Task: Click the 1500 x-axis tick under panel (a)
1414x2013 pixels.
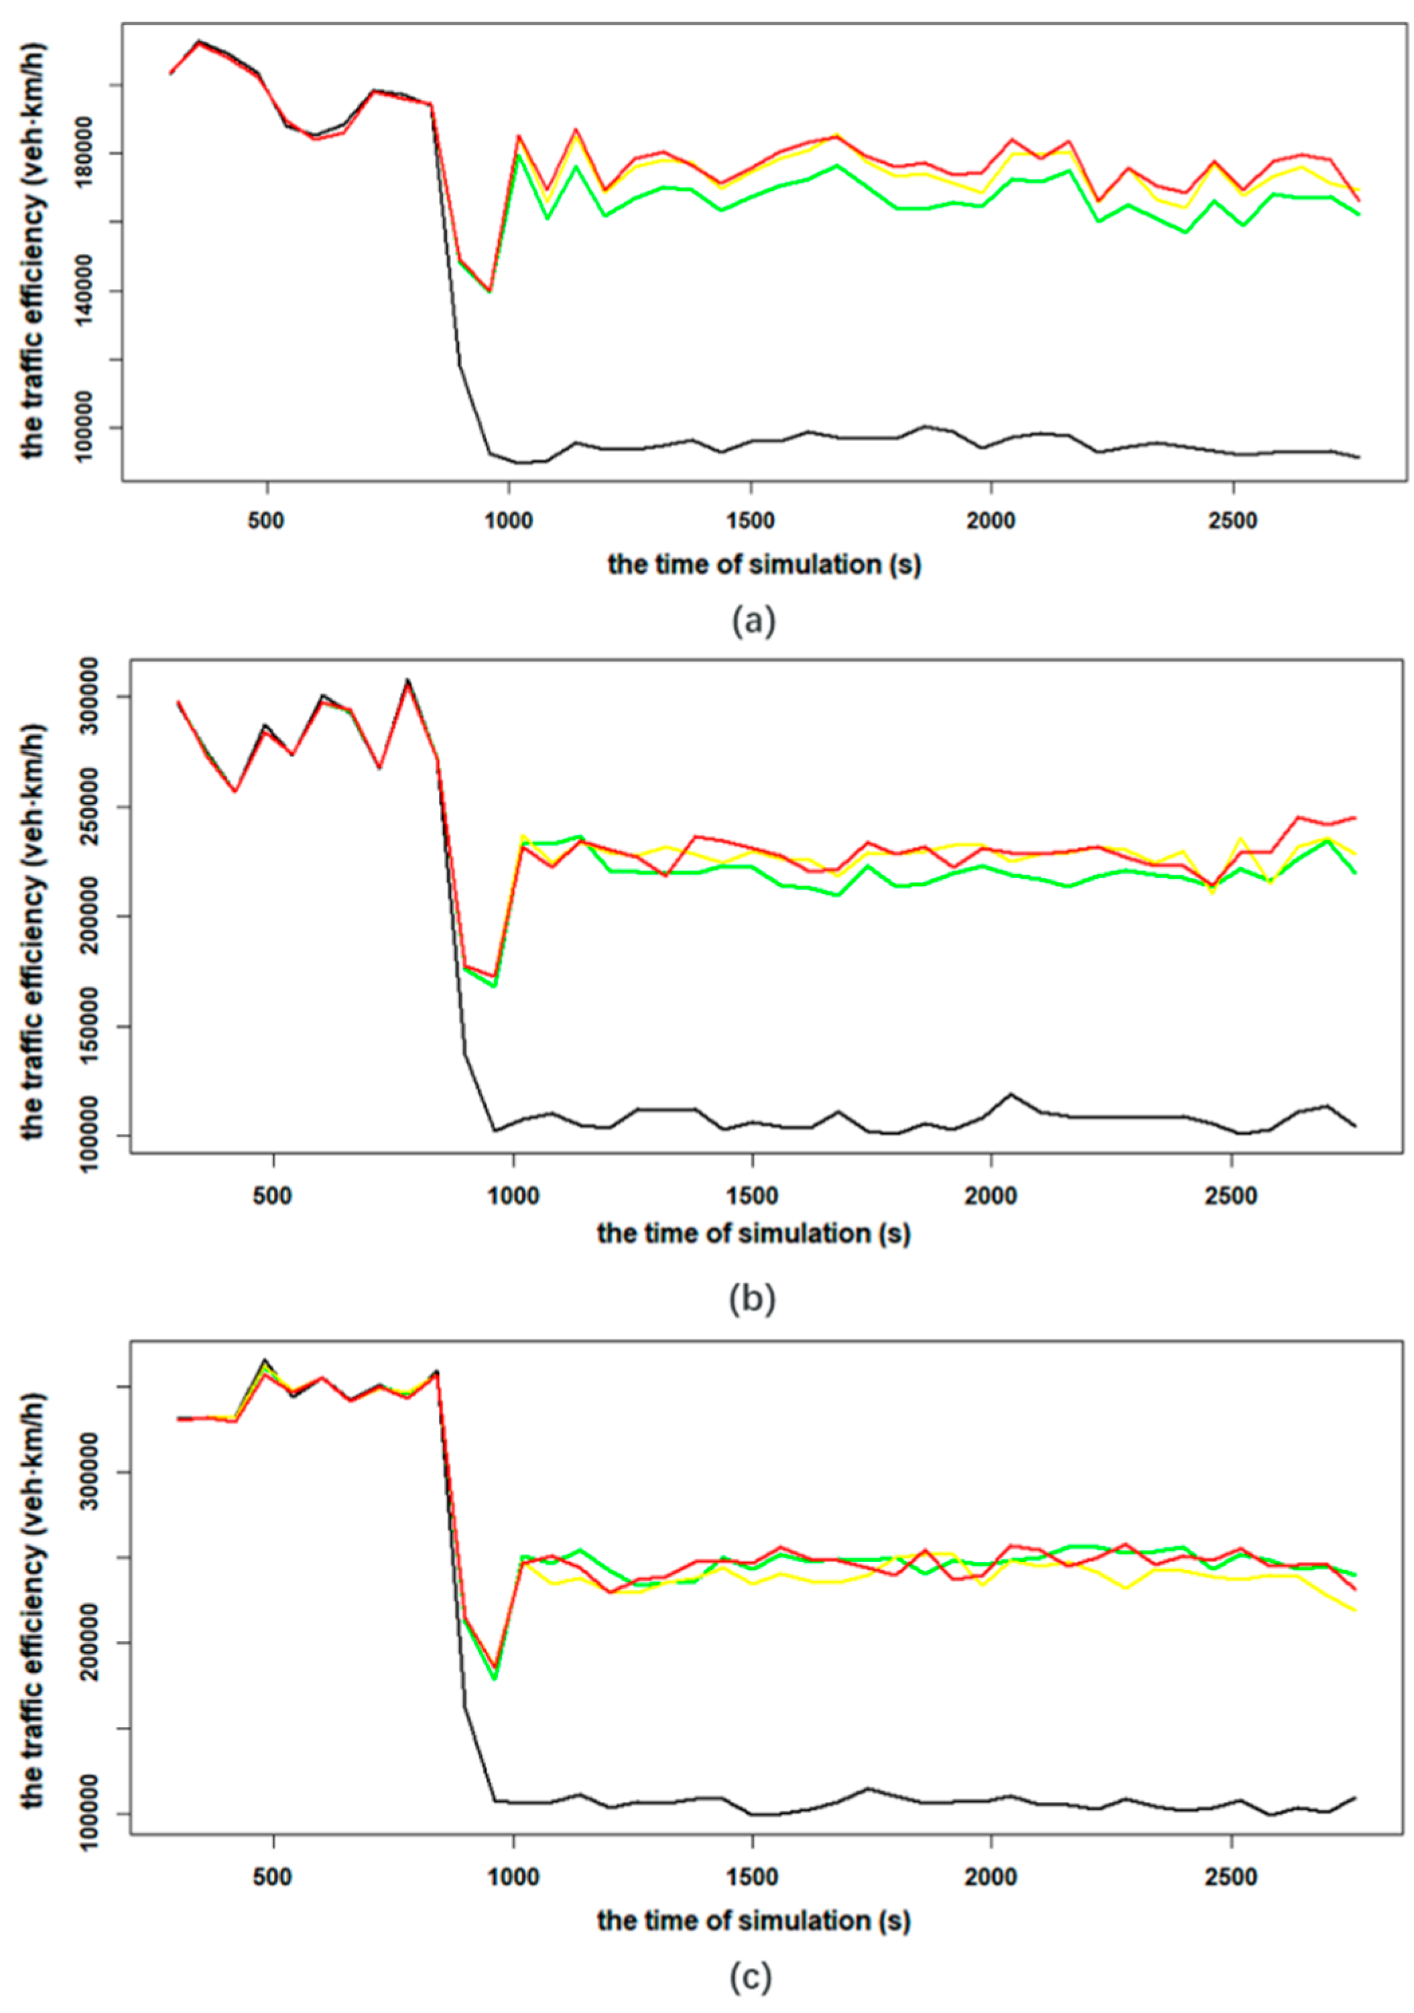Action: pyautogui.click(x=751, y=521)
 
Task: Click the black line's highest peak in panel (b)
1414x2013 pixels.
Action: pyautogui.click(x=407, y=679)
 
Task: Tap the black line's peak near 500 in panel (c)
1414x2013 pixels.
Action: pyautogui.click(x=265, y=1360)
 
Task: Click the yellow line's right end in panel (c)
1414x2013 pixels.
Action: pyautogui.click(x=1355, y=1610)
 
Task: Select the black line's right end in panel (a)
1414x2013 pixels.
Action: pyautogui.click(x=1358, y=457)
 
